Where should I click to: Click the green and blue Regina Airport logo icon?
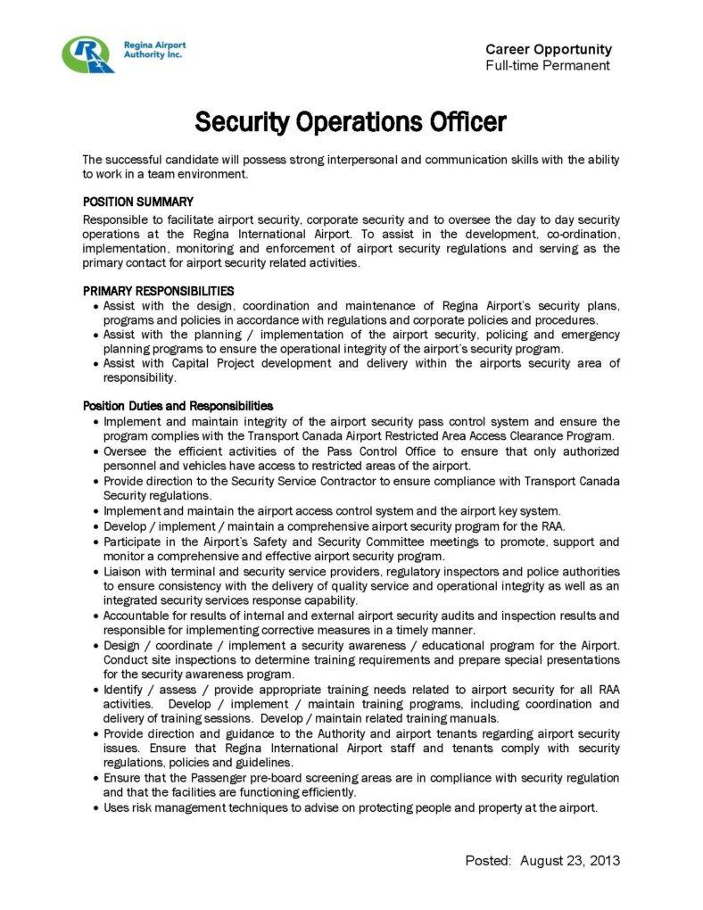coord(88,54)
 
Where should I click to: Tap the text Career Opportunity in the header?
coord(549,50)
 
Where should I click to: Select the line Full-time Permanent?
coord(548,66)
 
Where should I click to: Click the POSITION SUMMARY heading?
coord(138,202)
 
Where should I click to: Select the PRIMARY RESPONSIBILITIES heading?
coord(159,291)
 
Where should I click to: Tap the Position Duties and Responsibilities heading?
coord(178,406)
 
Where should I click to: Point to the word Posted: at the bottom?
coord(489,861)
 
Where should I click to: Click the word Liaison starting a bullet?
coord(123,571)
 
